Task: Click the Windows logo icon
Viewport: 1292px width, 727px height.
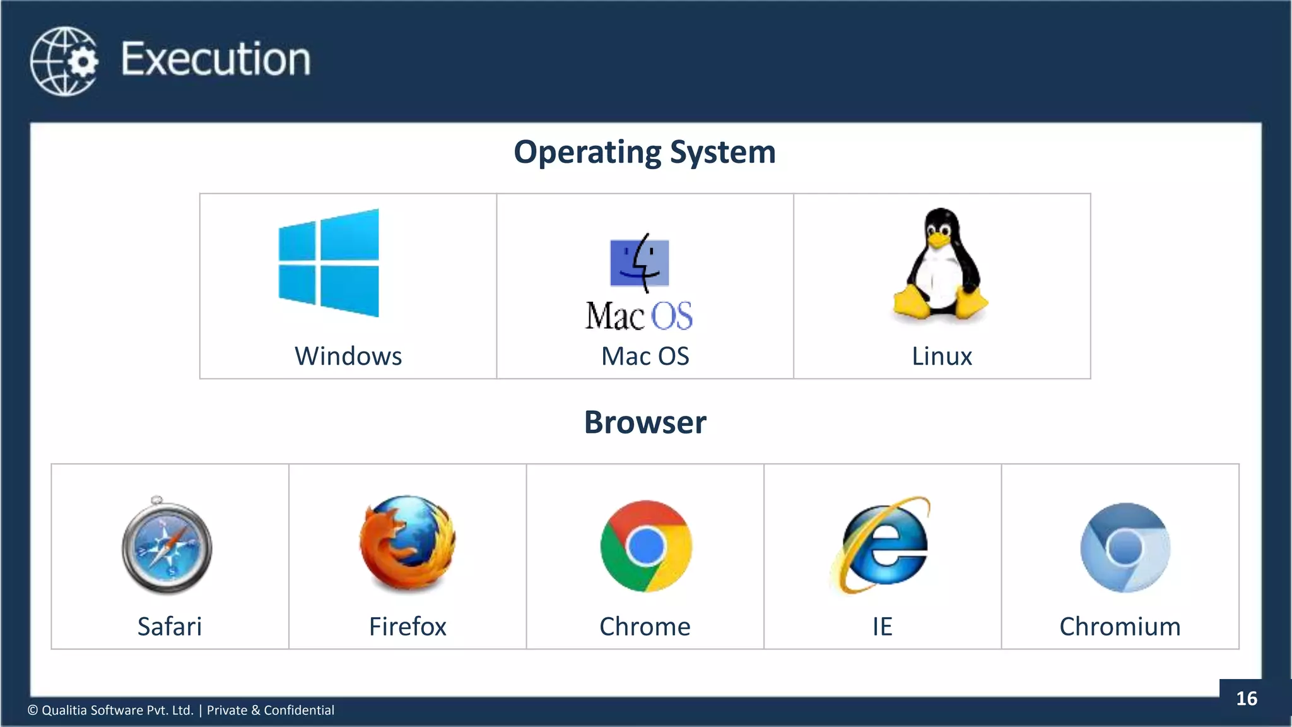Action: tap(329, 263)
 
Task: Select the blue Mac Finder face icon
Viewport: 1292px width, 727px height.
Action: tap(640, 263)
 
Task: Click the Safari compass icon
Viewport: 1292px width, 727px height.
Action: tap(167, 547)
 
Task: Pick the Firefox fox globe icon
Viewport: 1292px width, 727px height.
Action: tap(408, 544)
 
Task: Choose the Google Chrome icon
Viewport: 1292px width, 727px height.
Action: tap(646, 546)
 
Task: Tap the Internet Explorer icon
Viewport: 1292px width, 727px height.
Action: tap(883, 545)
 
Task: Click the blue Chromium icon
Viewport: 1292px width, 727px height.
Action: tap(1125, 547)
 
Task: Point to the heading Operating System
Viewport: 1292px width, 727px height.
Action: tap(645, 152)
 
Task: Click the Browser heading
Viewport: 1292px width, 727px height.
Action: tap(645, 422)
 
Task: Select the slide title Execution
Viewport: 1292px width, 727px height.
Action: tap(216, 59)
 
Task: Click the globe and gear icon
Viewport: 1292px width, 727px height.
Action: tap(64, 61)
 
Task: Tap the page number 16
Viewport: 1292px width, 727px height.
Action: tap(1247, 699)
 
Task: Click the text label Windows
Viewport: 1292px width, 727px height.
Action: tap(348, 356)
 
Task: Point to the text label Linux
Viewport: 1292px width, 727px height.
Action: tap(942, 356)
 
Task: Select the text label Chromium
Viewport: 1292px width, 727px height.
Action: tap(1120, 627)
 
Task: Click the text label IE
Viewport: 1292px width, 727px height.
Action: tap(883, 627)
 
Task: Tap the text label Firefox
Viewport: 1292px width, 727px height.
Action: tap(408, 627)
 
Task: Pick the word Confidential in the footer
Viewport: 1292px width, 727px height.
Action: tap(299, 710)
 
